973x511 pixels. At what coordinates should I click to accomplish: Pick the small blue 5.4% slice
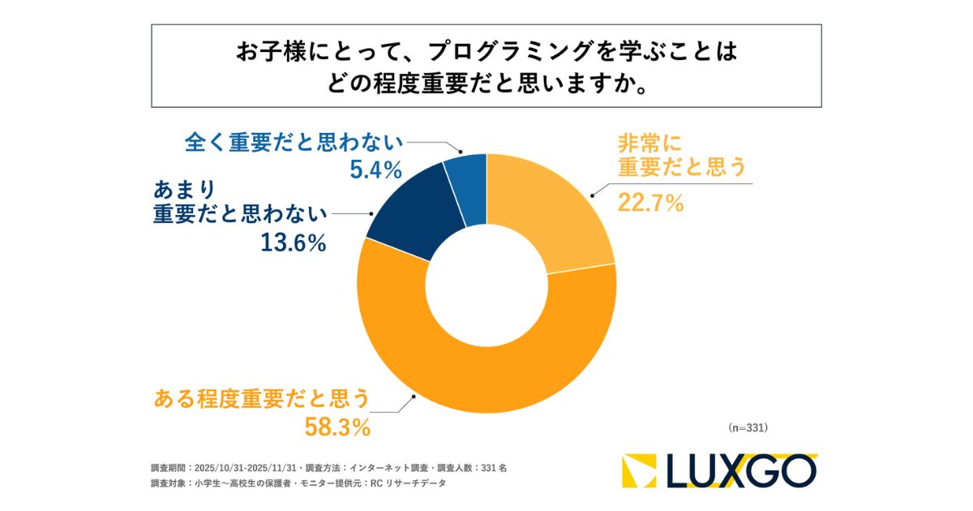(x=468, y=182)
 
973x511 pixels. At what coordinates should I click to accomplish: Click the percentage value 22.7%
(x=650, y=203)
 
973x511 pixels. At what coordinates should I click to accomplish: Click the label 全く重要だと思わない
(x=294, y=144)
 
